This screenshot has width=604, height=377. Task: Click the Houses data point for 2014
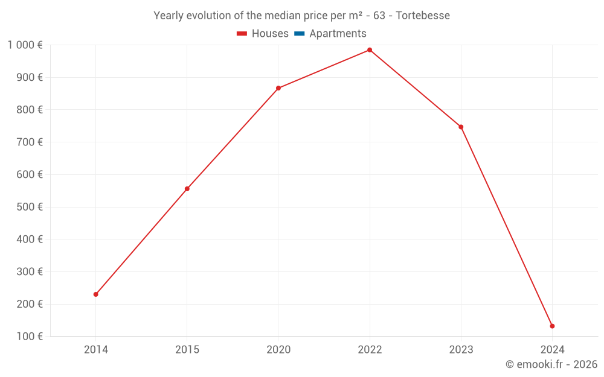pos(95,294)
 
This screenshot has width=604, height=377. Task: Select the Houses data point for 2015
pos(187,189)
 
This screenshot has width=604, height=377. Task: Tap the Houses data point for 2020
pos(278,88)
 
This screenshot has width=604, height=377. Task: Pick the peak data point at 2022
pos(370,50)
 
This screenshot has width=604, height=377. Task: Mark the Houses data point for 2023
pos(461,127)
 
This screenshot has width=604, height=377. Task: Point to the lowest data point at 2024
pos(552,326)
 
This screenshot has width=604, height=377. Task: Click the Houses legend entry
pos(263,34)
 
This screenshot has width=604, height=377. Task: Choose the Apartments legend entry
pos(330,34)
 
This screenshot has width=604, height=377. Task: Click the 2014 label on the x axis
pos(95,349)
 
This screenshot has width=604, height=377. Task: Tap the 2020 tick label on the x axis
pos(278,349)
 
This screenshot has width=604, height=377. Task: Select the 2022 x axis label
pos(370,349)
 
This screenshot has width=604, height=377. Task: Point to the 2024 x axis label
pos(552,349)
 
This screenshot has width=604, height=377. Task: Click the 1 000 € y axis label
pos(25,45)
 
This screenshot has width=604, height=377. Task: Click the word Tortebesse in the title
pos(423,16)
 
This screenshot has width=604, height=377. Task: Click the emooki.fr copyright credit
pos(551,364)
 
